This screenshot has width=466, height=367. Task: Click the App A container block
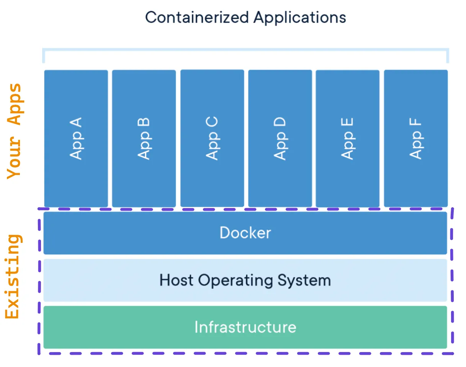pos(76,138)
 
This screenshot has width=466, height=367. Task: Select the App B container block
pos(144,138)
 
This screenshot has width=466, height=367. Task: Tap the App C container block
pos(212,138)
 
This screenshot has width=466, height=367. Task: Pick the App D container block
pos(280,138)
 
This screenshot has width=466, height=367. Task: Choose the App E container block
pos(347,138)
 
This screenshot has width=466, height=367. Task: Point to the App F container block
pos(415,138)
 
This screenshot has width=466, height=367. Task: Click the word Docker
pos(245,233)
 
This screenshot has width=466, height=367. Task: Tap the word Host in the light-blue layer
pos(177,280)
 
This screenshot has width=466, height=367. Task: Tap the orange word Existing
pos(13,276)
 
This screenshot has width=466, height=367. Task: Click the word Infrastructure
pos(245,327)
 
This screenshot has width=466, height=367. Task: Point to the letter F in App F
pos(415,124)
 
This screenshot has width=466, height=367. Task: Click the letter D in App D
pos(280,123)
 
